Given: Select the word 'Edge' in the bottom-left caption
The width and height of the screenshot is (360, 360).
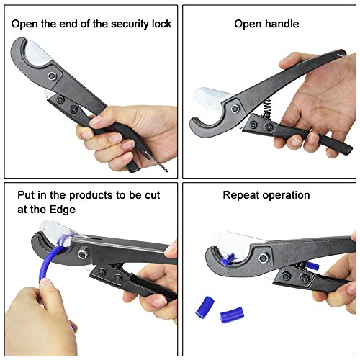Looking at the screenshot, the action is click(62, 210).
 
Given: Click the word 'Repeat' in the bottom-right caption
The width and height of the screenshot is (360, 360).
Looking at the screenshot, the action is click(241, 196).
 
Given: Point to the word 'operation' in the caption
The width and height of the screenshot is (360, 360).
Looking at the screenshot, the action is click(286, 196).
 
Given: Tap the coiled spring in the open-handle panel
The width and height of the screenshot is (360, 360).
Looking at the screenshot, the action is click(267, 107).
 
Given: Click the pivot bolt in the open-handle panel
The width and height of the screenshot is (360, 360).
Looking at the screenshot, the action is click(235, 109).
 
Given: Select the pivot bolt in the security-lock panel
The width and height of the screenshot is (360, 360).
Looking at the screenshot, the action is click(52, 76).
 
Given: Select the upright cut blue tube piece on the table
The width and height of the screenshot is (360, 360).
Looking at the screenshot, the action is click(204, 307).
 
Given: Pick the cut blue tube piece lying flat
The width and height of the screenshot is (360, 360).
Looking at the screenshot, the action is click(232, 315).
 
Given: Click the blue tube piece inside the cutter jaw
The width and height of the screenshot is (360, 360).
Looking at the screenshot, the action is click(228, 260).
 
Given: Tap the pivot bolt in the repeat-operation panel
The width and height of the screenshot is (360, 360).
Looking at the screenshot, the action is click(264, 258).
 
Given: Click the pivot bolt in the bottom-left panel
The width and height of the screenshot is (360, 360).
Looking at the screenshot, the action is click(82, 254).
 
